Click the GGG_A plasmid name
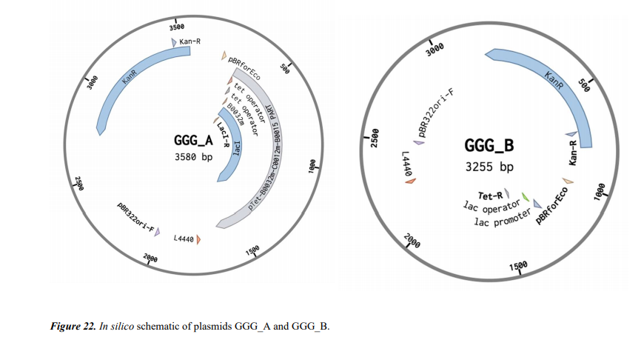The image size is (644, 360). (x=193, y=141)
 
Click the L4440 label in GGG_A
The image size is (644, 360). (x=183, y=239)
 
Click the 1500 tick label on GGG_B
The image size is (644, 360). (x=518, y=267)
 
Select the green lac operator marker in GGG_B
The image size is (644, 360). (x=525, y=196)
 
